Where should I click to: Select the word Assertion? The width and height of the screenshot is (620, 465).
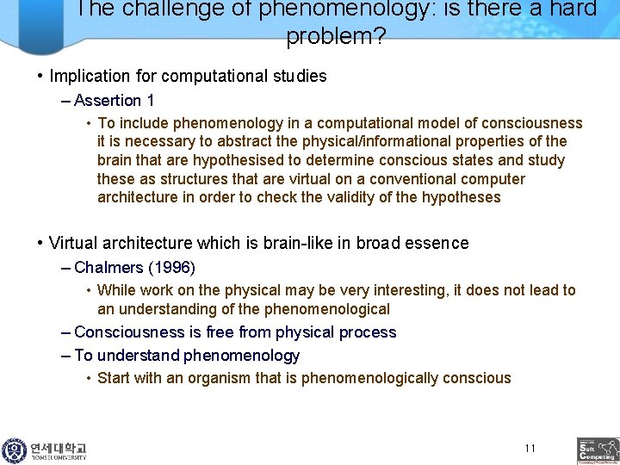pyautogui.click(x=108, y=101)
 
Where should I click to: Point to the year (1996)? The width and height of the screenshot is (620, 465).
pyautogui.click(x=172, y=268)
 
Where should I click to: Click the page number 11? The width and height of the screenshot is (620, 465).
pyautogui.click(x=530, y=448)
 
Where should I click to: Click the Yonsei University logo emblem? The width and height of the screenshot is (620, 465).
pyautogui.click(x=14, y=450)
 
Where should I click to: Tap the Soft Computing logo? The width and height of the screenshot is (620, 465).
pyautogui.click(x=598, y=450)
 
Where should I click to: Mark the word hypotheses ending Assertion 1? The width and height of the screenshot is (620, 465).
pyautogui.click(x=461, y=197)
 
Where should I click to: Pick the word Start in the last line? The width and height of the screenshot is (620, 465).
pyautogui.click(x=115, y=378)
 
